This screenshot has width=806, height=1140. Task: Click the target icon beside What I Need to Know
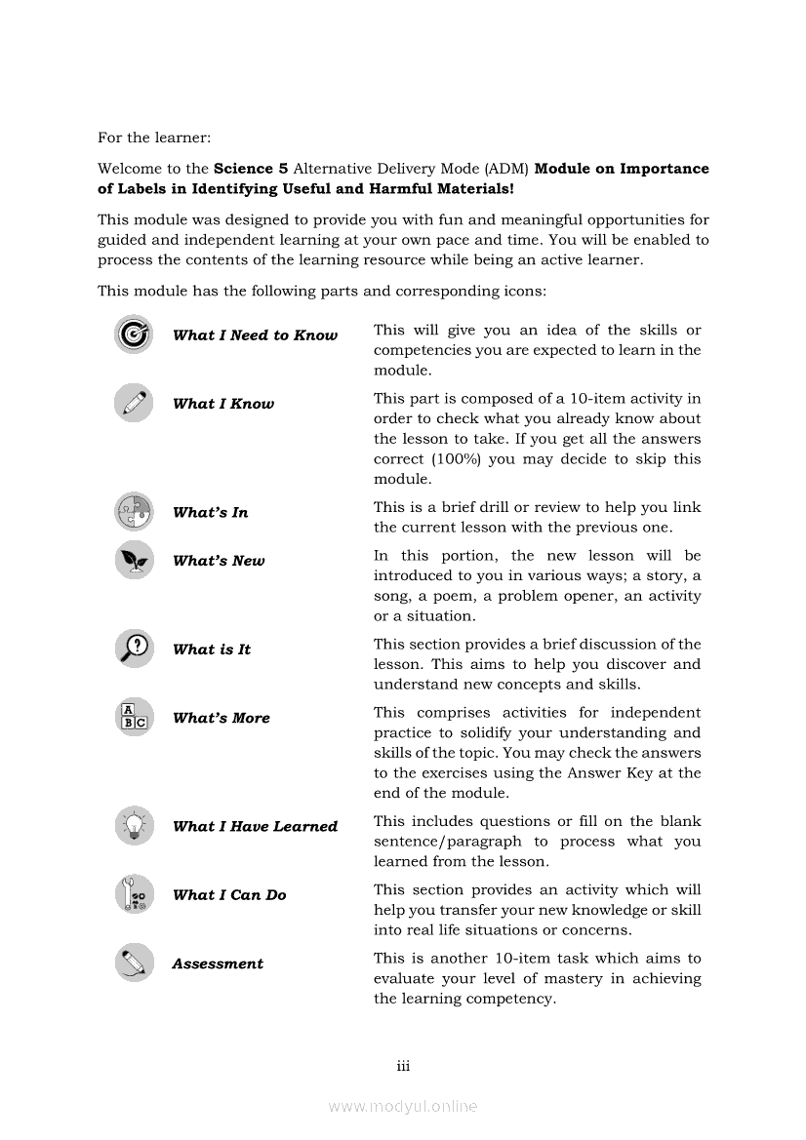click(x=133, y=334)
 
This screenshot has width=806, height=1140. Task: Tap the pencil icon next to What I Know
click(x=133, y=403)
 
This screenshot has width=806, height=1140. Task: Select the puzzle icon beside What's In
click(x=133, y=511)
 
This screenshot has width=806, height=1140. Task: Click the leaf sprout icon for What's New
click(x=133, y=560)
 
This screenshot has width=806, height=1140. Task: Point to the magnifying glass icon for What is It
click(x=133, y=649)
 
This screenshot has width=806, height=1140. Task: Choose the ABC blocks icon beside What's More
click(x=133, y=717)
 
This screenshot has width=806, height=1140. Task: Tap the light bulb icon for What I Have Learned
click(x=133, y=825)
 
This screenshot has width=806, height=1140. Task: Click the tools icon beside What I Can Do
click(x=133, y=894)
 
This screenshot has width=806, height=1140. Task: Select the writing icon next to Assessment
click(x=133, y=963)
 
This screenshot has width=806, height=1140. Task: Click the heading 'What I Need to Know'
click(x=255, y=335)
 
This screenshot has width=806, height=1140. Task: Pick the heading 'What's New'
click(x=219, y=561)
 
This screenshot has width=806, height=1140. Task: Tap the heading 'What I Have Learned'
click(x=255, y=826)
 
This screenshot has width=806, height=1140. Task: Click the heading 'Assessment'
click(x=218, y=963)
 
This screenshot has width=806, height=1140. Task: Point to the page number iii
click(x=403, y=1066)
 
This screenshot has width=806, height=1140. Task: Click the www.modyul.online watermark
click(x=403, y=1106)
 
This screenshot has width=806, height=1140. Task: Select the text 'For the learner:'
click(x=153, y=138)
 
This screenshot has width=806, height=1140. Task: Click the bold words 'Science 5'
click(x=251, y=169)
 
